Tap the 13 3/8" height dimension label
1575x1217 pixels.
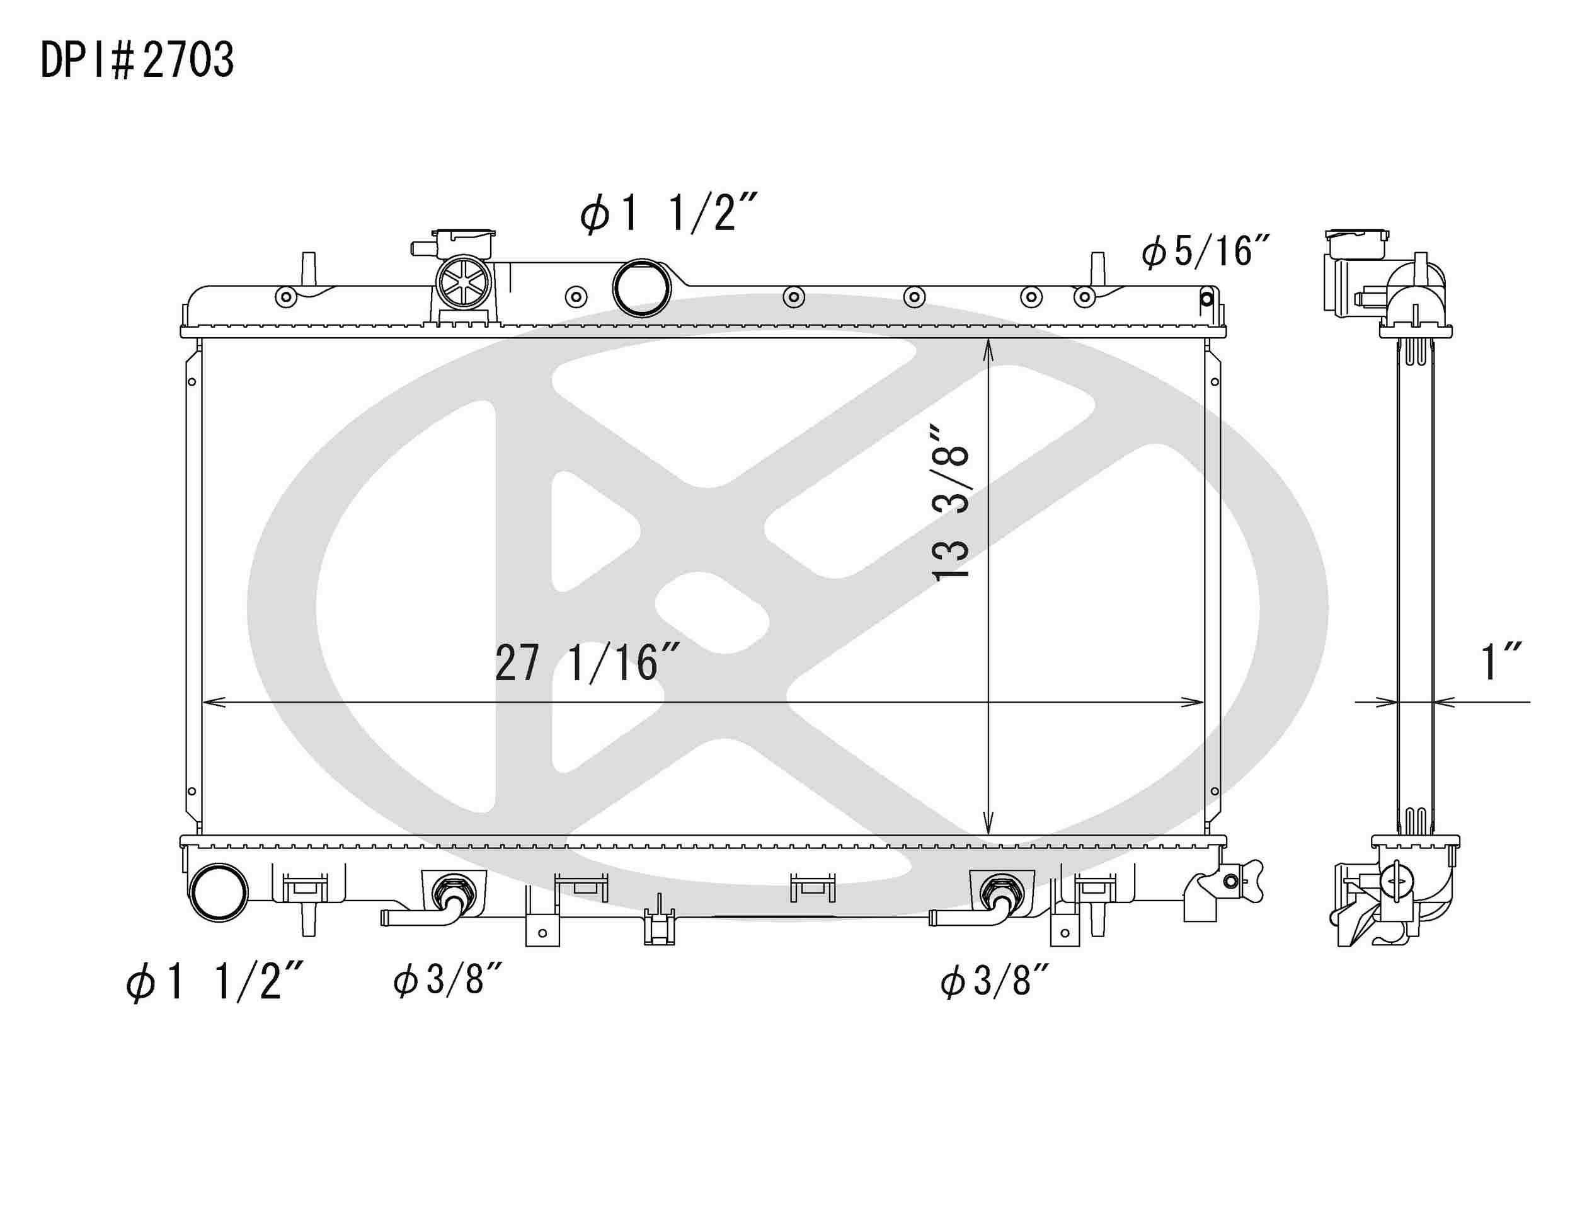[950, 503]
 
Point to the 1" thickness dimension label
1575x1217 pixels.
[1500, 662]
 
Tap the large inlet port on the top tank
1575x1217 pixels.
[641, 288]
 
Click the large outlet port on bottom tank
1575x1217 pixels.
[219, 892]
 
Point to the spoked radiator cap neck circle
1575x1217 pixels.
[464, 282]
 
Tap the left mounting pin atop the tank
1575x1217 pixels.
[308, 269]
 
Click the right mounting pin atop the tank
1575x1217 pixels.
[1097, 269]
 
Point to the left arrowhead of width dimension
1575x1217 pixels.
[214, 701]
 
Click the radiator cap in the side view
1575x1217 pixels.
[1356, 243]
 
